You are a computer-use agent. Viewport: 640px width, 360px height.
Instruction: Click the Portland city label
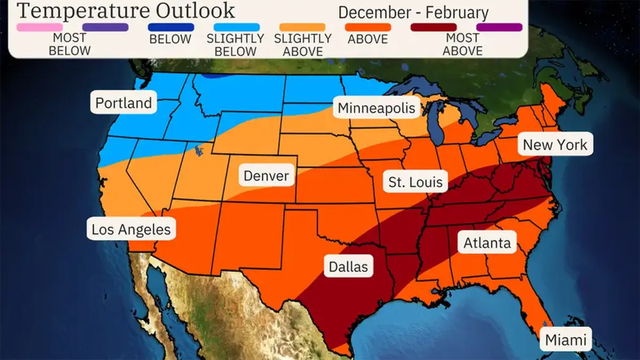point(124,102)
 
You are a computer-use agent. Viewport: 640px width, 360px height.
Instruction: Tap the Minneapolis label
point(377,108)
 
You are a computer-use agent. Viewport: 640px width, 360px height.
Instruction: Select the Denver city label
point(266,175)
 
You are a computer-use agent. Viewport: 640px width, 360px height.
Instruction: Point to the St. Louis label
point(415,182)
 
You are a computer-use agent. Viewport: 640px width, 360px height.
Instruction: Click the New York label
point(555,145)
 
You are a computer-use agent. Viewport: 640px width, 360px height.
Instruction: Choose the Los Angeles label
point(131,230)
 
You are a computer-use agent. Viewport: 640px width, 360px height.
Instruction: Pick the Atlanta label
point(487,243)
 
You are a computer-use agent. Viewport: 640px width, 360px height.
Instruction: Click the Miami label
point(565,340)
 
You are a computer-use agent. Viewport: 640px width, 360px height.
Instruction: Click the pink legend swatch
point(39,27)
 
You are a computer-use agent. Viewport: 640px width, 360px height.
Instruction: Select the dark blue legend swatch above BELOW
point(170,27)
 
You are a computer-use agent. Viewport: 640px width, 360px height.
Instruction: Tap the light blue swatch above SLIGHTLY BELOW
point(237,27)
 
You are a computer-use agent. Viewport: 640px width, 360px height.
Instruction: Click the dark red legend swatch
point(434,27)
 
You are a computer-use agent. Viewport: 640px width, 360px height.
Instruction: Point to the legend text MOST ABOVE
point(462,45)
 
